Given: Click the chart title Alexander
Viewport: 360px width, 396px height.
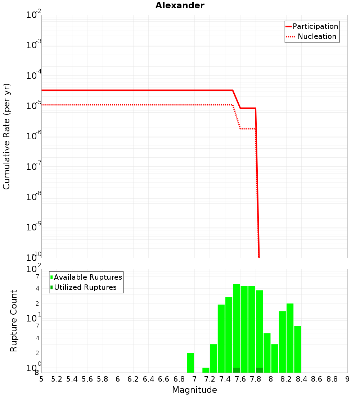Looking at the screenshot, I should pos(180,5).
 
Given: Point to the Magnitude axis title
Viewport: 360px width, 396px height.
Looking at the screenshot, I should pos(194,390).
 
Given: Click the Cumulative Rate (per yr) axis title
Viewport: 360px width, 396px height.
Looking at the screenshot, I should pos(6,136).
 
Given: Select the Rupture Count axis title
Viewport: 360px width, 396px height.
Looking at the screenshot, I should pos(14,321).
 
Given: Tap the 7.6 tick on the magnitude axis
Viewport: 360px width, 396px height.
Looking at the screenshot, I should pos(240,379).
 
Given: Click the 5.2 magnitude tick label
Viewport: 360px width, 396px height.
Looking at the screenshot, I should pos(57,379).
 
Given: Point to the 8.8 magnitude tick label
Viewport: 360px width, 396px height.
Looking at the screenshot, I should pos(332,379).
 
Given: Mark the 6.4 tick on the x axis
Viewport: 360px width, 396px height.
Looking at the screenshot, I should pos(148,379).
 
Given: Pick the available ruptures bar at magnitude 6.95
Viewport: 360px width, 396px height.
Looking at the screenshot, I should pos(190,363).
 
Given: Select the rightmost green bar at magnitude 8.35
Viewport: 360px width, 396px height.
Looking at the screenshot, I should pos(298,349).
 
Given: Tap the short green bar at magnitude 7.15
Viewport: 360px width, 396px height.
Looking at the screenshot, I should pos(206,370).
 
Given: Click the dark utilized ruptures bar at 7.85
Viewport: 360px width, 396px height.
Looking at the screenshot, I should pos(259,370).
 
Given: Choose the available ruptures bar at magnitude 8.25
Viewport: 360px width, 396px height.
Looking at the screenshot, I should pos(290,338).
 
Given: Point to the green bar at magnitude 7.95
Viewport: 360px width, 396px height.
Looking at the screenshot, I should pos(267,353).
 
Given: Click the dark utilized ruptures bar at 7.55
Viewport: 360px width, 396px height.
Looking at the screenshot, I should pos(237,370).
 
